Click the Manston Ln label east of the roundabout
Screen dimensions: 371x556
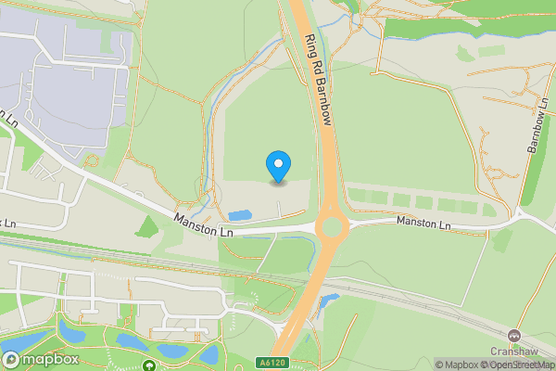tap(423, 224)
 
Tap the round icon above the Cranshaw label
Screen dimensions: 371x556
tap(514, 334)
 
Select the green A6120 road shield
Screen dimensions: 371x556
tap(270, 361)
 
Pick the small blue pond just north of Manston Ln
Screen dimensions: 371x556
tap(239, 215)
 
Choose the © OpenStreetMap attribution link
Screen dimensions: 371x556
tap(522, 365)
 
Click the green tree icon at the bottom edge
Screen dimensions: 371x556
tap(149, 366)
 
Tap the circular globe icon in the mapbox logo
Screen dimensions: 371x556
tap(11, 360)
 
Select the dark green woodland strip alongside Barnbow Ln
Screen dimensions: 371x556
tap(532, 176)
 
